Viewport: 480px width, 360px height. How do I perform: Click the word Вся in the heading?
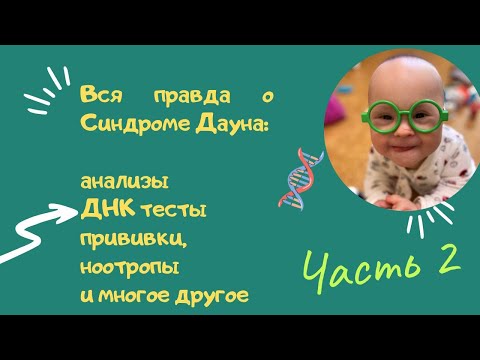[x=102, y=95]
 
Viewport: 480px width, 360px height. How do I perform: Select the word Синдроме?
[x=135, y=125]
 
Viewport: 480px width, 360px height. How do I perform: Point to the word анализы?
[x=124, y=182]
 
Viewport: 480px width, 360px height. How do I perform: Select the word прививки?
[x=133, y=240]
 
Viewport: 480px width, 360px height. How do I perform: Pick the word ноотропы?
[x=130, y=268]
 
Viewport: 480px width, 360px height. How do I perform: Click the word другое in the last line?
[x=212, y=296]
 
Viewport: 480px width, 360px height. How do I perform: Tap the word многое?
[x=134, y=296]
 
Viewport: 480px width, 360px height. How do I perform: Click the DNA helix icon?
[x=300, y=179]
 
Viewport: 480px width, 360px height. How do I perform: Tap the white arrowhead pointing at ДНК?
[x=66, y=212]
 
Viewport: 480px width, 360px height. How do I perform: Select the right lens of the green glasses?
[x=429, y=115]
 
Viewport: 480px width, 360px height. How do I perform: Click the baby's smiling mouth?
[x=406, y=147]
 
